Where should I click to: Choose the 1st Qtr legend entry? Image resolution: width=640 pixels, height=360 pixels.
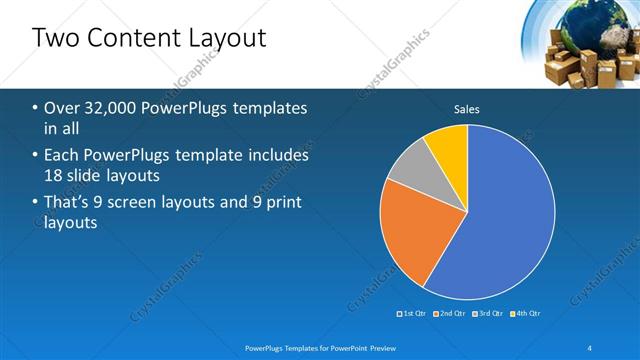point(412,313)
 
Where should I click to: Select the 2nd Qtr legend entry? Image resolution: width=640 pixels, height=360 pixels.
point(450,313)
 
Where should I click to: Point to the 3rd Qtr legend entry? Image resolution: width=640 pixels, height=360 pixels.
point(488,313)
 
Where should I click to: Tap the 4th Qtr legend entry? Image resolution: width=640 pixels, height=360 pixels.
point(526,313)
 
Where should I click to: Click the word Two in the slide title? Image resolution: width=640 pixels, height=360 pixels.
point(55,38)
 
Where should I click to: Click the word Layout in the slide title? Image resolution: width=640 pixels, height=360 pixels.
point(231,38)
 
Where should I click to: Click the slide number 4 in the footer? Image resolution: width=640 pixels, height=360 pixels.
point(590,347)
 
